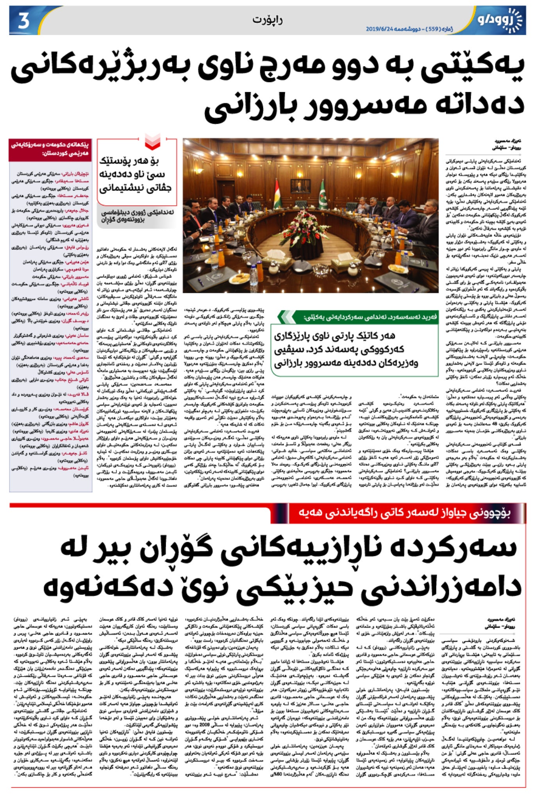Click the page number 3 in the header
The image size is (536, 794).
click(23, 20)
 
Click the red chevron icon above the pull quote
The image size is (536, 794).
click(152, 141)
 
